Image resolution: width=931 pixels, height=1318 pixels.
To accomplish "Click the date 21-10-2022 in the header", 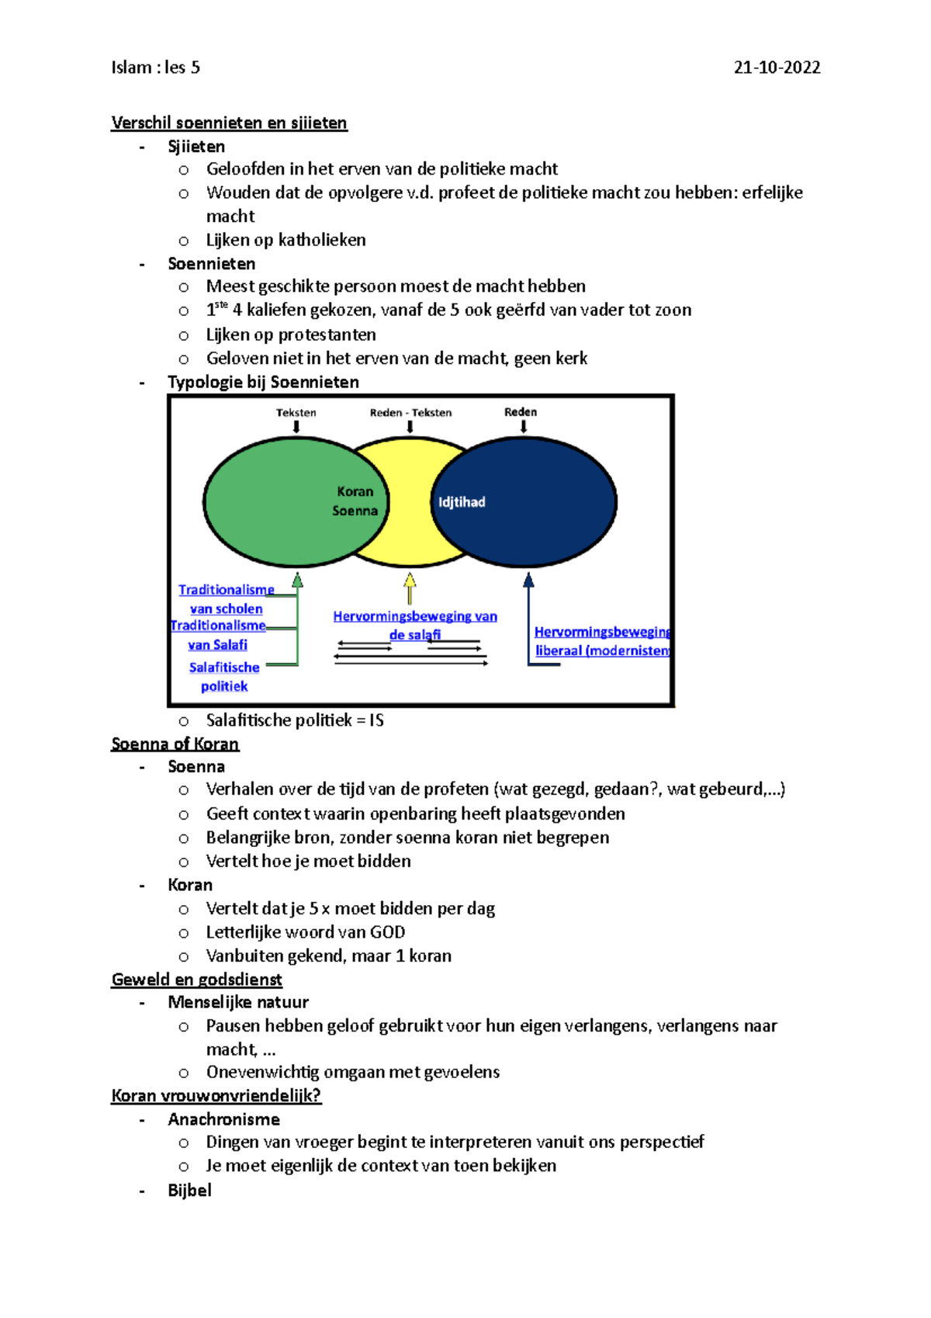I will [x=777, y=68].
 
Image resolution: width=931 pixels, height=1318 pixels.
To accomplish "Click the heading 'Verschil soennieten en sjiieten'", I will [x=229, y=123].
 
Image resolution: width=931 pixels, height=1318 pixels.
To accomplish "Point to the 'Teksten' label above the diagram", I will [x=296, y=413].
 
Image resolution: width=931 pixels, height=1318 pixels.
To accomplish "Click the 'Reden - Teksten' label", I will [x=410, y=413].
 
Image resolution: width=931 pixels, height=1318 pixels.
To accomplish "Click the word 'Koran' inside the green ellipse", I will [x=355, y=491].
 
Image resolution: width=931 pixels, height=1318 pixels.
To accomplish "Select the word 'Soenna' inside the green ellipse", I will [x=355, y=511].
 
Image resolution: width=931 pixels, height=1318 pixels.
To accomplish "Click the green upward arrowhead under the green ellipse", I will [x=297, y=581].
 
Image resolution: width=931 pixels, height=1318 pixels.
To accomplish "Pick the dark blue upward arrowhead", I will [x=528, y=581].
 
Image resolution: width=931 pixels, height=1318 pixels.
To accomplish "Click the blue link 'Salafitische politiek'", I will [x=224, y=677].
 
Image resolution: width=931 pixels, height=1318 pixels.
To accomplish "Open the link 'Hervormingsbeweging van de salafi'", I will [x=415, y=625].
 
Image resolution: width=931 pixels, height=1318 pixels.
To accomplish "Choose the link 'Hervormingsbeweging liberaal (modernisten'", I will [x=602, y=641].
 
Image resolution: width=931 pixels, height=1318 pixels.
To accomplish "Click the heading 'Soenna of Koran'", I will [x=175, y=744].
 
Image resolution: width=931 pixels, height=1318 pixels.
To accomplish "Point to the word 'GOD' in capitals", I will [x=387, y=932].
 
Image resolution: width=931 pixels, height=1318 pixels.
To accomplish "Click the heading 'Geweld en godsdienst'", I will [x=196, y=980].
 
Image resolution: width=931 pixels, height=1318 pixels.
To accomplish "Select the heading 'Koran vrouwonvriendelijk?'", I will [x=216, y=1096].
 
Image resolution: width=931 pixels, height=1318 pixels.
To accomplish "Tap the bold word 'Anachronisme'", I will [x=223, y=1119].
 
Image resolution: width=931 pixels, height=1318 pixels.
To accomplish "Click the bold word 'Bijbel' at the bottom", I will [x=189, y=1191].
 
